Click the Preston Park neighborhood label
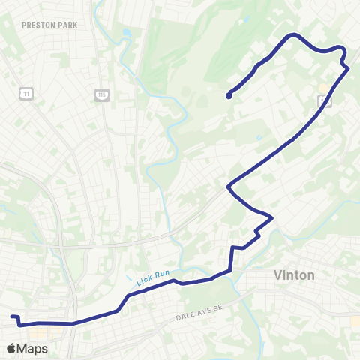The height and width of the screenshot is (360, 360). pos(50,25)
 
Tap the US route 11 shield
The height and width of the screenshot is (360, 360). pos(27,94)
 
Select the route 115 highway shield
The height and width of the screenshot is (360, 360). pos(101,94)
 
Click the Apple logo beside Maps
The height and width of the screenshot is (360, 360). pos(10,348)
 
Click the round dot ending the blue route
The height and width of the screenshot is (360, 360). pos(228,95)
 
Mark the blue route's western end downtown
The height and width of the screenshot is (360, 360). pos(12,316)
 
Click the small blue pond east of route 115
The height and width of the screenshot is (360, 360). pos(126,34)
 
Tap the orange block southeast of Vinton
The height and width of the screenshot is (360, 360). pos(355,320)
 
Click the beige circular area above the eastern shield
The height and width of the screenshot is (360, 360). pos(322,87)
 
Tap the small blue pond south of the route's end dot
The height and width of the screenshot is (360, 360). pos(259,138)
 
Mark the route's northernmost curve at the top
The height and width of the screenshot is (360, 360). pos(293,34)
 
